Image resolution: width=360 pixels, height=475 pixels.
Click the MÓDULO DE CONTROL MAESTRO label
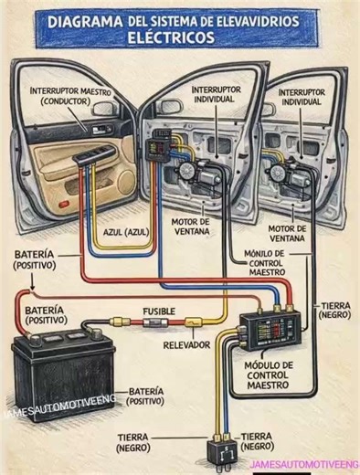(x=269, y=375)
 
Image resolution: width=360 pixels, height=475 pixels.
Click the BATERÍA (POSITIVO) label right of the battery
(x=152, y=396)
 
